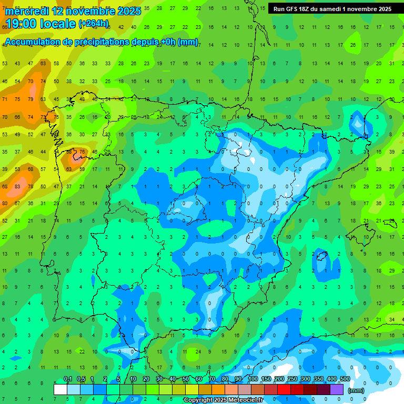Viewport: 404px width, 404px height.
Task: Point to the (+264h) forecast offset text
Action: point(94,24)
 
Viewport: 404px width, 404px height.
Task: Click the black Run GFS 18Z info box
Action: point(332,9)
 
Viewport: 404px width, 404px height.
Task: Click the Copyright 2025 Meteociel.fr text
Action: point(223,400)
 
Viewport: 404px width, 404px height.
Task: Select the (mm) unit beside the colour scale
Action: point(356,390)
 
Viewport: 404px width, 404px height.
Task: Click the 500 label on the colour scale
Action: point(345,379)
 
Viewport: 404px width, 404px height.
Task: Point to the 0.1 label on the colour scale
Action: point(68,379)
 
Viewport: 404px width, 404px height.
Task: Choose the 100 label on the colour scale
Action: point(253,379)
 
